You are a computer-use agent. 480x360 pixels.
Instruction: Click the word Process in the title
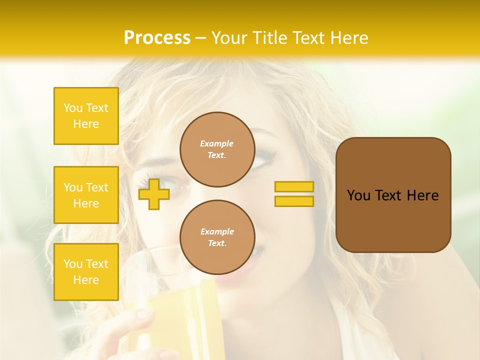157,38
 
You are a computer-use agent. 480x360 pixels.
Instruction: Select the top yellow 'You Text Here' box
86,116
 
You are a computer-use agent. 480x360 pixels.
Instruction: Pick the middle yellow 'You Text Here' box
86,195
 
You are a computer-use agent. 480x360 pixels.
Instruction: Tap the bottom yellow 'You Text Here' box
86,271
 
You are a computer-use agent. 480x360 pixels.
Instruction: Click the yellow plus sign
153,194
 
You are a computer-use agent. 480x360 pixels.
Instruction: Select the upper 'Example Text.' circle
217,149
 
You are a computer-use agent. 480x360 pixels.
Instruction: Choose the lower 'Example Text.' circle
217,237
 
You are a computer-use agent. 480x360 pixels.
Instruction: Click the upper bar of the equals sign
294,186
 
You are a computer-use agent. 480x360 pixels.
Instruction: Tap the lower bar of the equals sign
294,201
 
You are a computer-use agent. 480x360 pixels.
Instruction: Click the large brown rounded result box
393,220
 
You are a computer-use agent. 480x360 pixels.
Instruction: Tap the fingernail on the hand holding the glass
143,314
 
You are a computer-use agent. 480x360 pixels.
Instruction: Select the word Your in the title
230,38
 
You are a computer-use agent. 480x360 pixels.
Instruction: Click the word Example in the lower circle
217,231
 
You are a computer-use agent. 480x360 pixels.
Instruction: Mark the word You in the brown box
358,195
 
